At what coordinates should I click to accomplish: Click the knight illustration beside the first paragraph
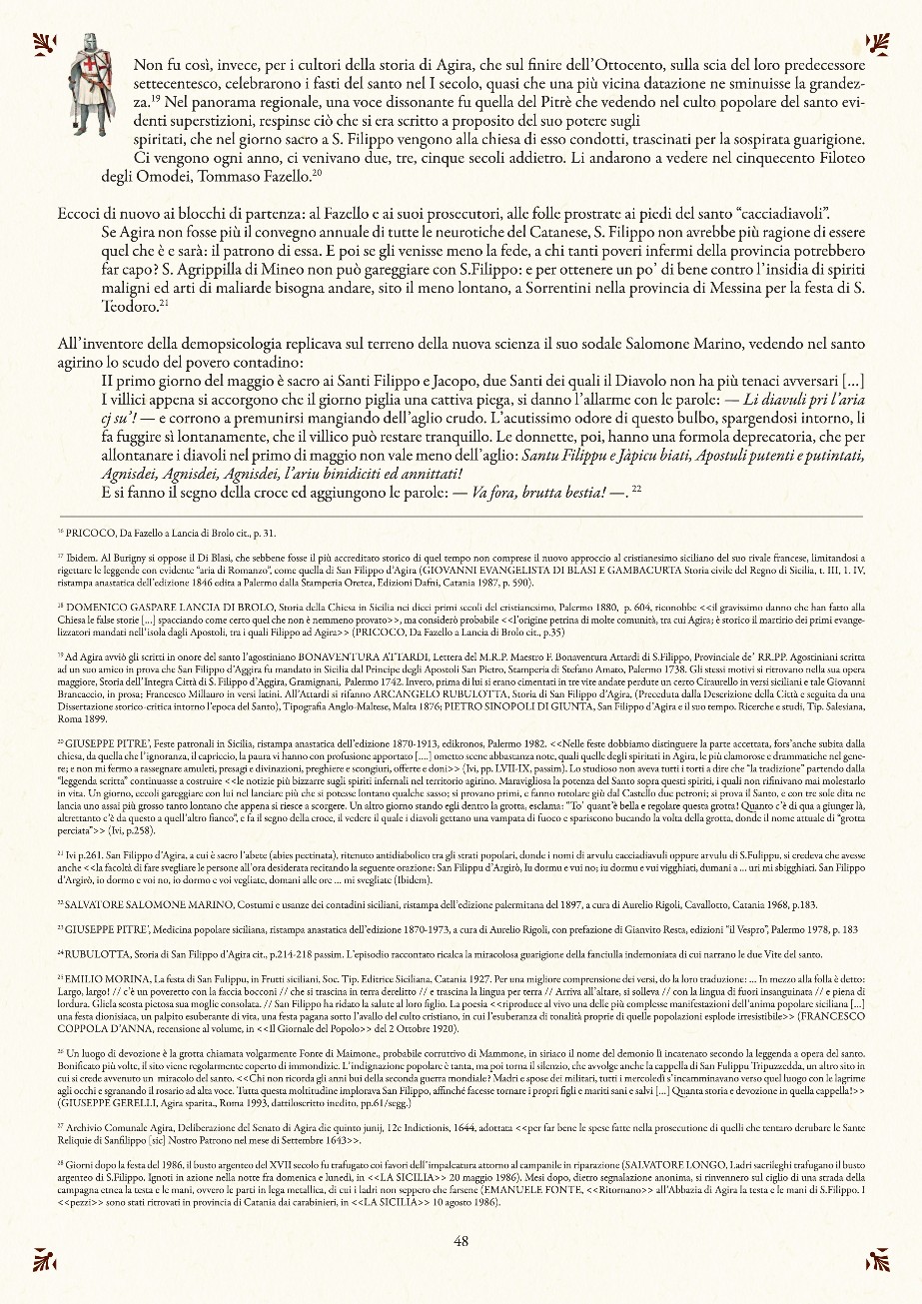(x=94, y=86)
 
